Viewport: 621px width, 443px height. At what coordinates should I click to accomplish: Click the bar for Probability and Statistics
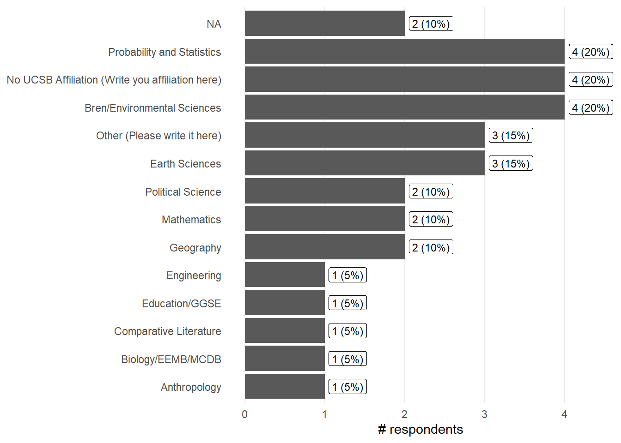pos(404,51)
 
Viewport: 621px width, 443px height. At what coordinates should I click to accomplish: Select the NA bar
pos(324,24)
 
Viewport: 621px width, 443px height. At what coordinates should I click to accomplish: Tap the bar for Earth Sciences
pos(365,163)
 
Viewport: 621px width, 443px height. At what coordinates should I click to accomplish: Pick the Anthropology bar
pos(285,387)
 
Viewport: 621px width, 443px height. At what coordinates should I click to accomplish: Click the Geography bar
pos(324,247)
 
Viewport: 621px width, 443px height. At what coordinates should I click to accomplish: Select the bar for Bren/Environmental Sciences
pos(404,108)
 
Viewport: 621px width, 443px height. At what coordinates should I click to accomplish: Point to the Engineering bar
pos(285,275)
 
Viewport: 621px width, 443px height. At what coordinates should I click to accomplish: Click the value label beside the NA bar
pos(431,24)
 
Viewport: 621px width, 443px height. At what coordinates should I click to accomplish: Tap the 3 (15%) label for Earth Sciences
pos(511,164)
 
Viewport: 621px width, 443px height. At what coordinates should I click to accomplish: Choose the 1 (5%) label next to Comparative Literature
pos(347,331)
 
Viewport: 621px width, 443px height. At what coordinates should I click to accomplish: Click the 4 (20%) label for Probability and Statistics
pos(591,52)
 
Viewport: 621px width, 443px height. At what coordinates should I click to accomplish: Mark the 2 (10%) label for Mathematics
pos(431,220)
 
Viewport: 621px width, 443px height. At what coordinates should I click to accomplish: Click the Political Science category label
pos(183,192)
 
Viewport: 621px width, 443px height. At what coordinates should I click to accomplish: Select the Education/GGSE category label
pos(181,304)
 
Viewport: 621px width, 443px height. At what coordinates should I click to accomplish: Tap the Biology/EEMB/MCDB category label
pos(171,359)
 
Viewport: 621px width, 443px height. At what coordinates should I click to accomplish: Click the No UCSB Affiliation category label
pos(114,80)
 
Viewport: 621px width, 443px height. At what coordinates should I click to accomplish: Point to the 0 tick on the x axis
pos(244,414)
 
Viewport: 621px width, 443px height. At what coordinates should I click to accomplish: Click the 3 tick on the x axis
pos(484,414)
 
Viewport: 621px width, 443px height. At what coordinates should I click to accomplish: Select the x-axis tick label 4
pos(564,414)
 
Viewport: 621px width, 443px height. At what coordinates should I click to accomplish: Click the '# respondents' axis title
pos(420,430)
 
